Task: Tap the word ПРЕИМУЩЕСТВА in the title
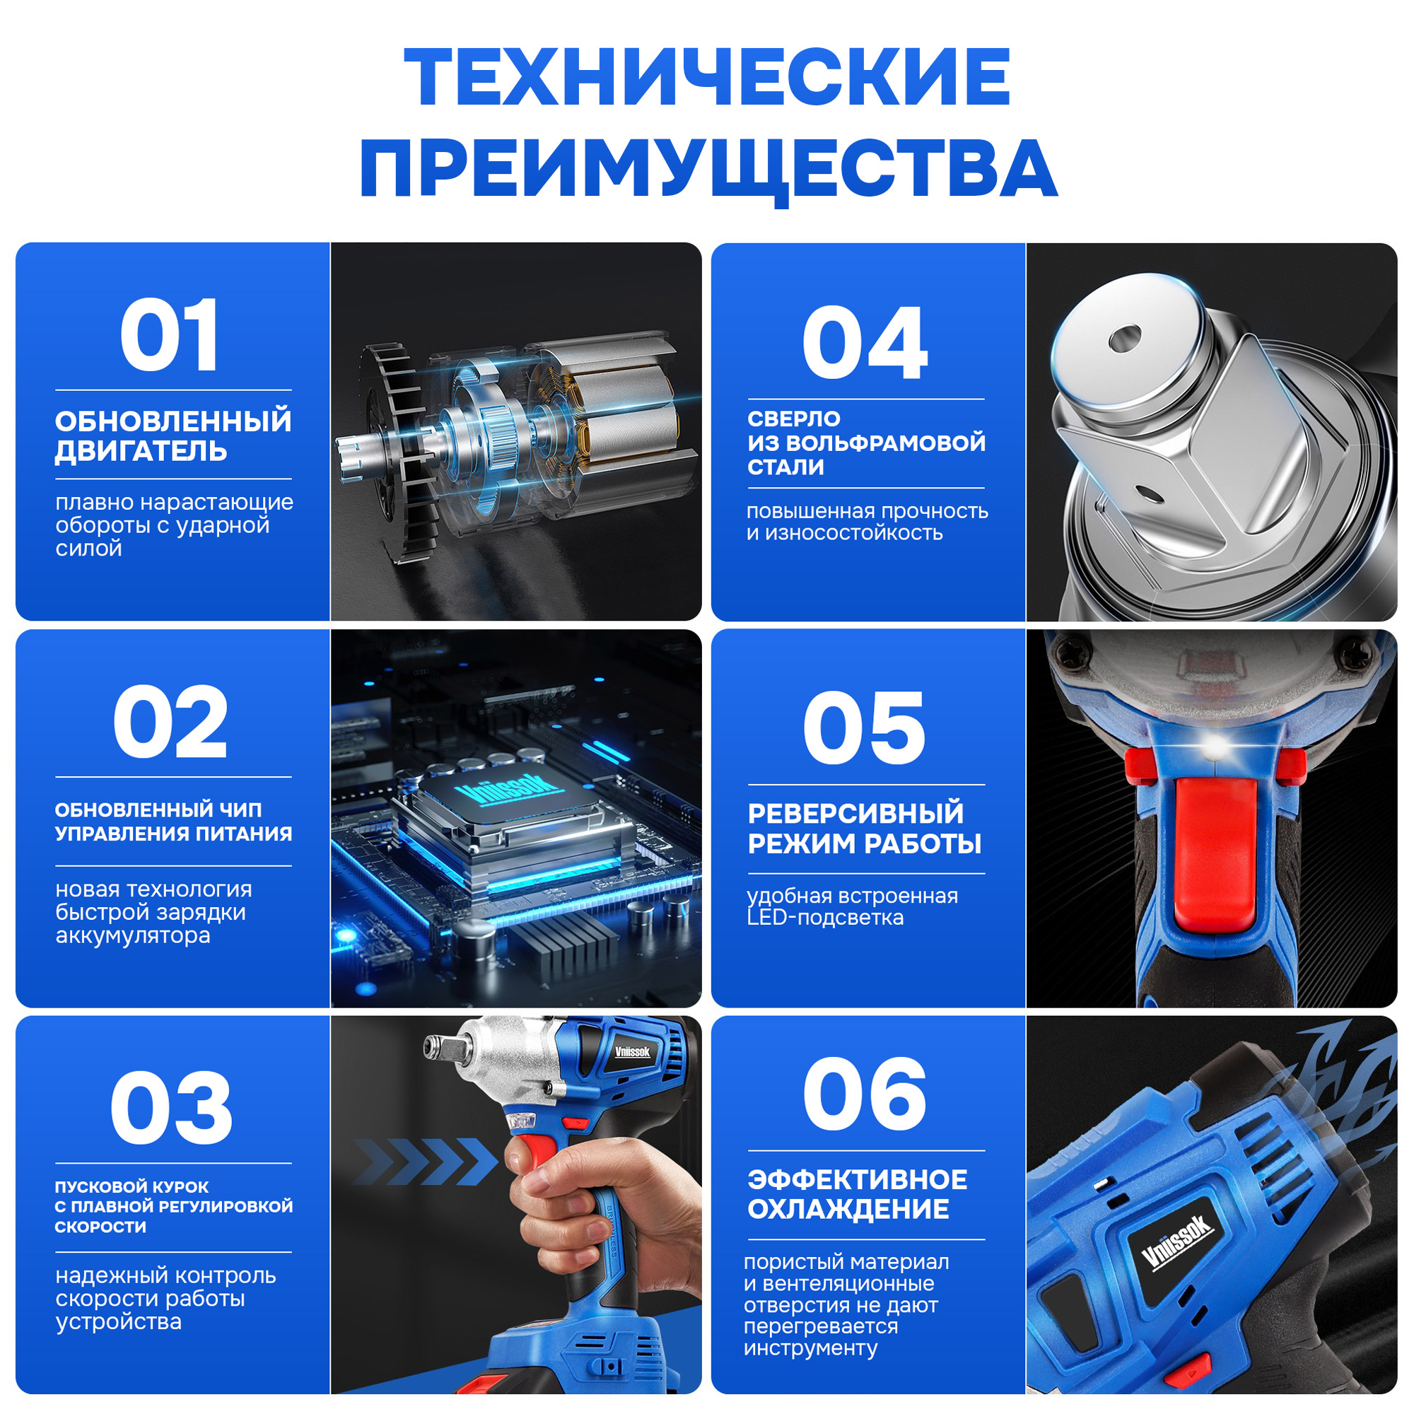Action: click(x=708, y=168)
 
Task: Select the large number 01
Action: click(x=170, y=336)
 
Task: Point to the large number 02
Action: click(x=170, y=723)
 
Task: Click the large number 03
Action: click(x=171, y=1108)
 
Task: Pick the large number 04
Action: click(x=865, y=344)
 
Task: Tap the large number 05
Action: click(x=865, y=728)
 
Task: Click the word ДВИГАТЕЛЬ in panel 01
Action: click(x=141, y=452)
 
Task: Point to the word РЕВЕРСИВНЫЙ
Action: click(x=855, y=814)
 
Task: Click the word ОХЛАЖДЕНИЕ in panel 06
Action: click(x=848, y=1210)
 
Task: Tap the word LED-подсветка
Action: click(x=825, y=918)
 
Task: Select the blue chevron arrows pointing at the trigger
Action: click(x=424, y=1162)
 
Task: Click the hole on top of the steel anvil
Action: click(x=1125, y=339)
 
